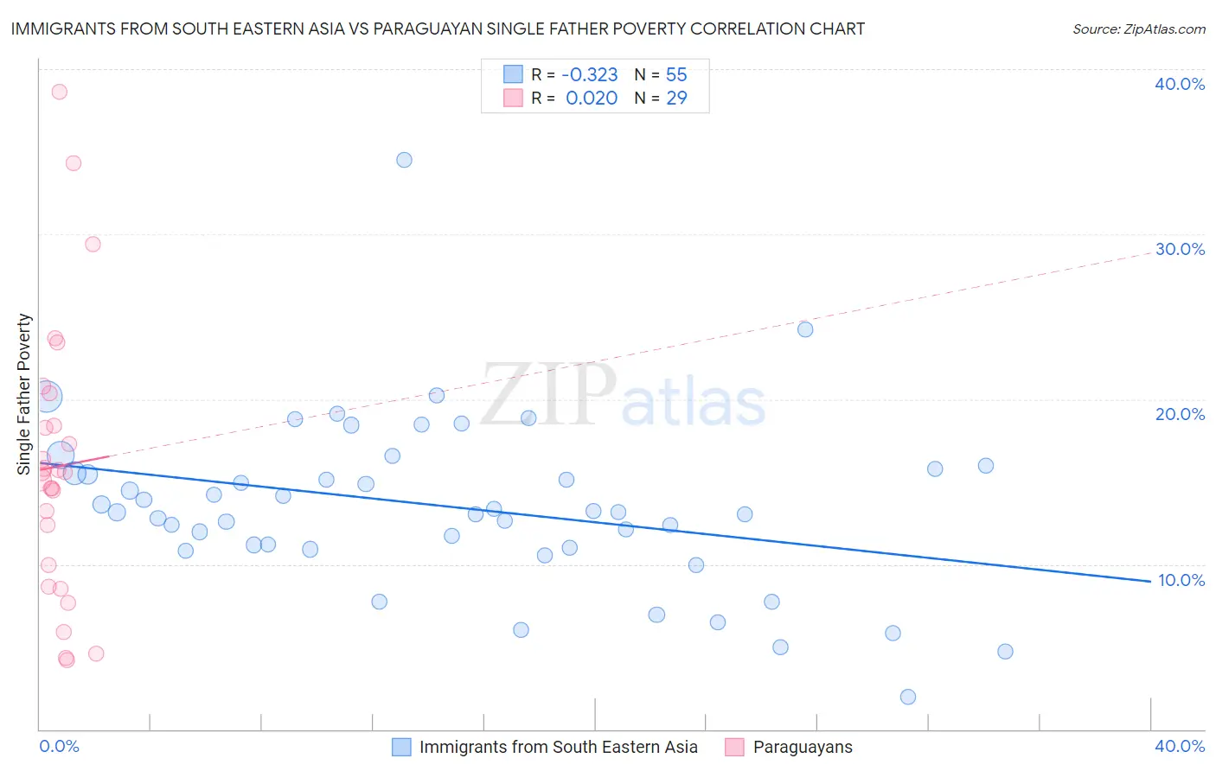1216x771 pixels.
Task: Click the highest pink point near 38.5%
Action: click(59, 92)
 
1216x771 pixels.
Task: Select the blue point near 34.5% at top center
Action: click(404, 160)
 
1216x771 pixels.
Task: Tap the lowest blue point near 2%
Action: click(907, 697)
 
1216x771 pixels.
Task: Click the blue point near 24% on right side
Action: click(805, 329)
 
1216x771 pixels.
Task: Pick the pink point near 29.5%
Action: click(93, 244)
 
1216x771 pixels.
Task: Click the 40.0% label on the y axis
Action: click(1180, 84)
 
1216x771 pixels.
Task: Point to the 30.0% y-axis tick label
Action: click(1180, 249)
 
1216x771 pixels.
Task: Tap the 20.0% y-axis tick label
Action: click(1180, 414)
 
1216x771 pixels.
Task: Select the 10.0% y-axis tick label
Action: click(1181, 580)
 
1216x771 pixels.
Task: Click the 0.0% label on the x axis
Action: click(59, 746)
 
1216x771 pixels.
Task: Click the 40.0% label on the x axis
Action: click(1180, 746)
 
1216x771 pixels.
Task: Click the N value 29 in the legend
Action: click(676, 98)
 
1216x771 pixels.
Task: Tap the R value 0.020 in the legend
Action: click(592, 98)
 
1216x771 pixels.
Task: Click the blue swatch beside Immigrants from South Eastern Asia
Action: click(401, 747)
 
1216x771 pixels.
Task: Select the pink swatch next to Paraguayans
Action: click(734, 747)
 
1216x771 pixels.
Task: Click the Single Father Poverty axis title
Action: click(24, 394)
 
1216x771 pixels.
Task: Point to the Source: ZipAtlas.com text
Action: click(1138, 29)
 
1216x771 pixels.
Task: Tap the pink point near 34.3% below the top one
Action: click(74, 163)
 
